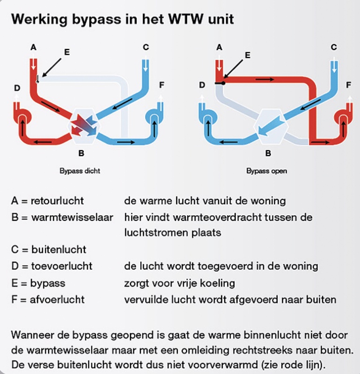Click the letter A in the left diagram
33,47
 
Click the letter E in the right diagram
247,55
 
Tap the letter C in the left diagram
146,47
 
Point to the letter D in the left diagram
16,87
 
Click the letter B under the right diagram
268,152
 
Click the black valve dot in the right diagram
223,83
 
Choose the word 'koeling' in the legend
219,283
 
